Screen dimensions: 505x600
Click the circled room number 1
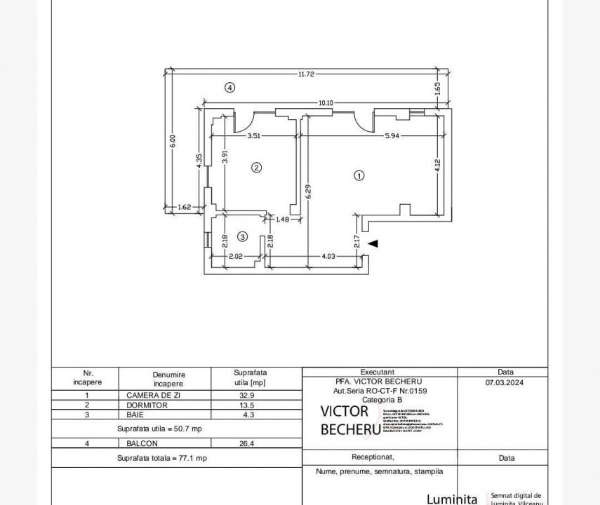(359, 176)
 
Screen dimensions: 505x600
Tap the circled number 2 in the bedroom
(257, 168)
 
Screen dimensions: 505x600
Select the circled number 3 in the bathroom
(242, 237)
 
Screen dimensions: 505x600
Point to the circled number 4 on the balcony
(229, 88)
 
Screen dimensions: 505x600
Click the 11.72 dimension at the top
(305, 74)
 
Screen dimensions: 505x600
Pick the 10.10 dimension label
(326, 103)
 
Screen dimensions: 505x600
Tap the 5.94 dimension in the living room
(392, 136)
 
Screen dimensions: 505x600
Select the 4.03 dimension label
(328, 257)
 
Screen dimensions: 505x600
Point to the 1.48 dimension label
(282, 220)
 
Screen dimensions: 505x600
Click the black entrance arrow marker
(373, 243)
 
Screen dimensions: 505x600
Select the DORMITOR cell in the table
(147, 405)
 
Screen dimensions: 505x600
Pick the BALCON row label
(142, 443)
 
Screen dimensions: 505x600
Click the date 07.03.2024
(504, 383)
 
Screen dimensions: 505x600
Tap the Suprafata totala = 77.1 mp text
(161, 457)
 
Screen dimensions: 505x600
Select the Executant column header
(378, 372)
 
